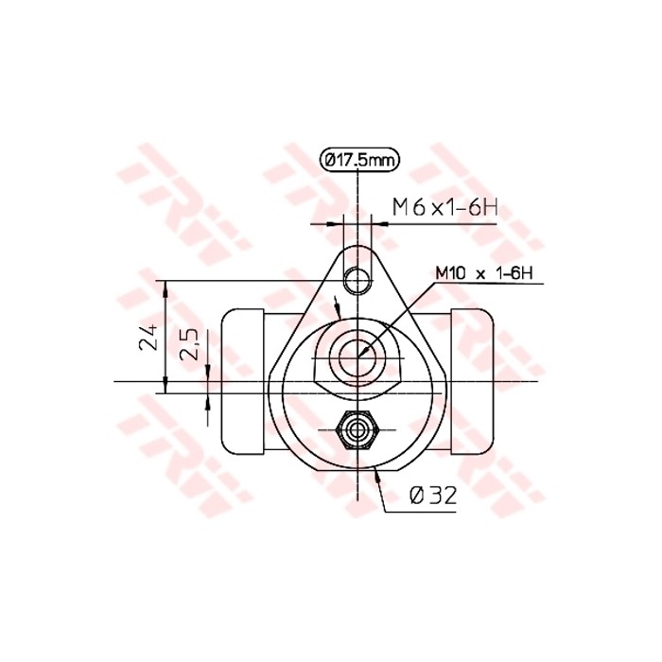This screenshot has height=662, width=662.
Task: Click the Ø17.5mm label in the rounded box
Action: point(359,160)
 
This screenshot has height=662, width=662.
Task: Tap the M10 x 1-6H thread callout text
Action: point(485,274)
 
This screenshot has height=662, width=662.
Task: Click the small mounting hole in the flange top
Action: point(357,279)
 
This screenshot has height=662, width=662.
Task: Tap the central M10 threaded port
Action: point(357,353)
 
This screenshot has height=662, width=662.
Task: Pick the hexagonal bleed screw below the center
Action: point(357,430)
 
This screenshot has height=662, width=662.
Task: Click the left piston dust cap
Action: point(242,380)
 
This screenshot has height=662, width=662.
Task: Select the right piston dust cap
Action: point(473,380)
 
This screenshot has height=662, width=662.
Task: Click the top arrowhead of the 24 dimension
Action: point(166,286)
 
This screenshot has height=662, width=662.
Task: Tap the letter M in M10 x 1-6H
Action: point(443,274)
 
